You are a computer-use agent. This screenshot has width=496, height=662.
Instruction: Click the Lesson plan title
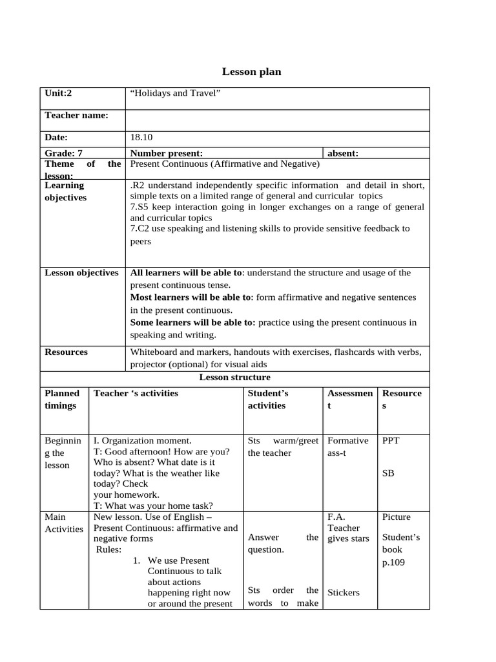[x=251, y=72]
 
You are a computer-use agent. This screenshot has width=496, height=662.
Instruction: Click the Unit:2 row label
[x=58, y=93]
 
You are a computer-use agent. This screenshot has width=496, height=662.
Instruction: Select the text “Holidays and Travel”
[x=176, y=93]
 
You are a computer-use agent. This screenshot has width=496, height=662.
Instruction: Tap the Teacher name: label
[x=76, y=115]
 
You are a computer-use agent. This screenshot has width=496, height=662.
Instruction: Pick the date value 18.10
[x=141, y=137]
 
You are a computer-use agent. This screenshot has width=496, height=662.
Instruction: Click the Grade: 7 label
[x=63, y=153]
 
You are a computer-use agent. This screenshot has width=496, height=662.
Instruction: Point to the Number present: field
[x=167, y=153]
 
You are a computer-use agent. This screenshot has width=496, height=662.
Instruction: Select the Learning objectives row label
[x=65, y=191]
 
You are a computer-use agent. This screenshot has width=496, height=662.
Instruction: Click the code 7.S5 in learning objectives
[x=141, y=207]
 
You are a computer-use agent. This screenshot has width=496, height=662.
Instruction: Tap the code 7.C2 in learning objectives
[x=142, y=228]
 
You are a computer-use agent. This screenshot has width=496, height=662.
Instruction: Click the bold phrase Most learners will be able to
[x=190, y=297]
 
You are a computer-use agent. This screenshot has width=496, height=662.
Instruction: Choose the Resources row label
[x=66, y=352]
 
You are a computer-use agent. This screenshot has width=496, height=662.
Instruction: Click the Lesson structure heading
[x=234, y=378]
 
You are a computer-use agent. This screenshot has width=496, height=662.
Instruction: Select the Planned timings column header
[x=62, y=399]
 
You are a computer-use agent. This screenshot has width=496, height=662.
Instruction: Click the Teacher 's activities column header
[x=136, y=393]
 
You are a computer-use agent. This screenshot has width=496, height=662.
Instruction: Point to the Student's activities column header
[x=267, y=399]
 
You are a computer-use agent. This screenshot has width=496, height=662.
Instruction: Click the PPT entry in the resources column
[x=391, y=441]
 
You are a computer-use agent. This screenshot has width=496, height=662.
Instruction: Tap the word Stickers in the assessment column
[x=344, y=592]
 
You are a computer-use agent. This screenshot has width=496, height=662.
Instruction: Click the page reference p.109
[x=394, y=562]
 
